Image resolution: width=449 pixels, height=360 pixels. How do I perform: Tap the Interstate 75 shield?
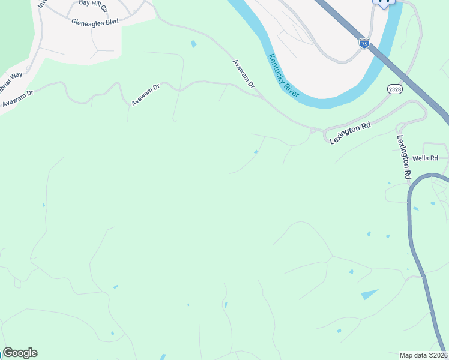[x=364, y=43]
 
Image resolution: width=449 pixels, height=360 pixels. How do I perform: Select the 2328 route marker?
[x=394, y=89]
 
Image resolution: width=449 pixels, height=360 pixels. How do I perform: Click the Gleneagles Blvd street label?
[x=95, y=21]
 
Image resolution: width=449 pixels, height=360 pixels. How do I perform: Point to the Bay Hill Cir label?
[x=92, y=5]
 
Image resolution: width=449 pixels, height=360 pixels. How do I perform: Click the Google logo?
[x=20, y=353]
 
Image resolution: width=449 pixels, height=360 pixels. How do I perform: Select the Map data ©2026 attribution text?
[x=424, y=355]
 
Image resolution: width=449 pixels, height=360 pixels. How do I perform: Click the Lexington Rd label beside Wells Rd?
[x=403, y=156]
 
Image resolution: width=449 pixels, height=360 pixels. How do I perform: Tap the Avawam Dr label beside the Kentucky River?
[x=244, y=74]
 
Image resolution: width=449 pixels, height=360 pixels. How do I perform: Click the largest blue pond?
[x=369, y=294]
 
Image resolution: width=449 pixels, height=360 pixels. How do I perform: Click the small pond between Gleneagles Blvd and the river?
[x=193, y=44]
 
